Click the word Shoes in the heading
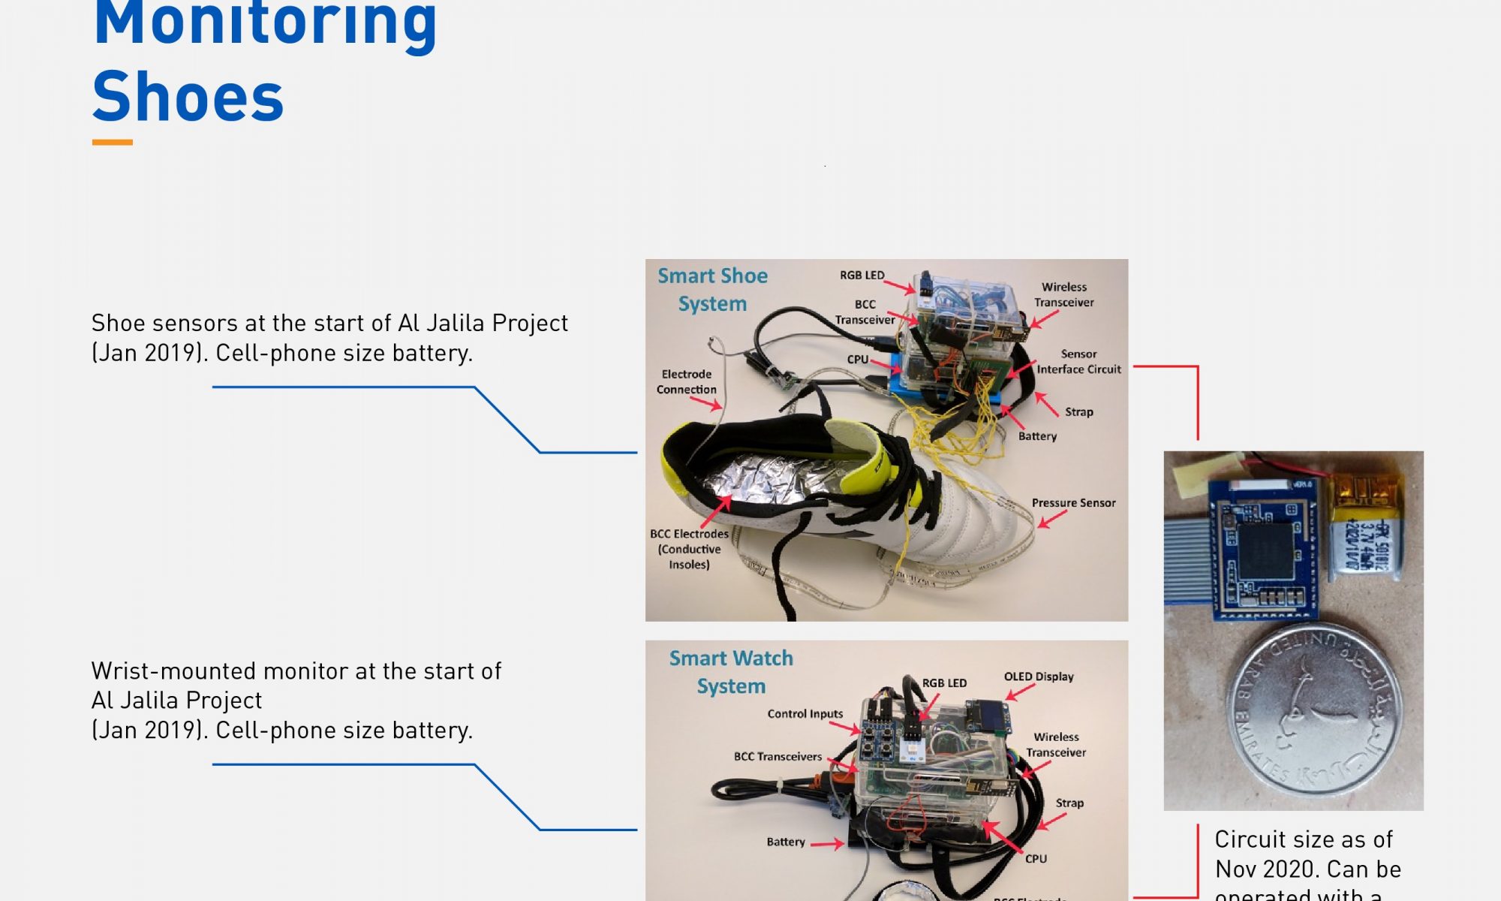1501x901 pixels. tap(188, 98)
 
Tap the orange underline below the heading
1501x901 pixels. tap(112, 142)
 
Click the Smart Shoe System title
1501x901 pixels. tap(712, 289)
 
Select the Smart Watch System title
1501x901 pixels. tap(731, 671)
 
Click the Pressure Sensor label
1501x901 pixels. tap(1073, 503)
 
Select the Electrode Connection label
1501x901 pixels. tap(686, 381)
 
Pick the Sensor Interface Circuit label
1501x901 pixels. tap(1078, 361)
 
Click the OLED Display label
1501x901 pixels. tap(1039, 677)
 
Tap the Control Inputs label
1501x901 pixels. tap(805, 713)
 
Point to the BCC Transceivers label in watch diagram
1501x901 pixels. tap(778, 756)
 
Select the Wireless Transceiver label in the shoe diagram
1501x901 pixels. tap(1063, 294)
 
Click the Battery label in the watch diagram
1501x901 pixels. tap(785, 842)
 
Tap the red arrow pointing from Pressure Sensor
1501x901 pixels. tap(1052, 519)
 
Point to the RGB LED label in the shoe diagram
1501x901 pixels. tap(862, 275)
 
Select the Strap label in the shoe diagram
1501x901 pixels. tap(1078, 411)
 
